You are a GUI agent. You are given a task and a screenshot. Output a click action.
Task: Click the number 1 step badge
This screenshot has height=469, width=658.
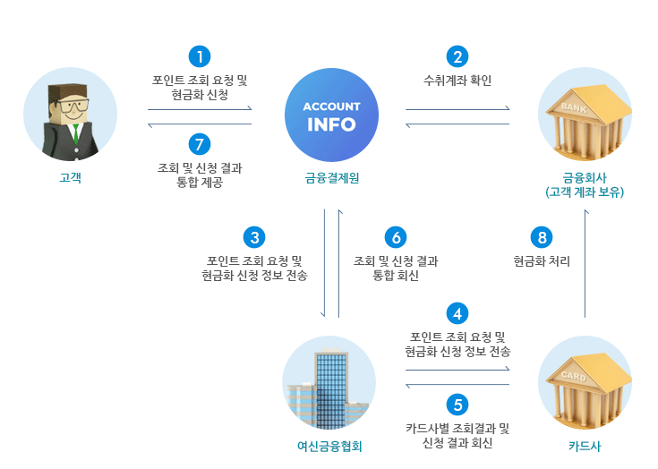click(x=200, y=56)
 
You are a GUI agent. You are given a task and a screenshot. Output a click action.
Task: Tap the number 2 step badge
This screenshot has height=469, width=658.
click(x=457, y=56)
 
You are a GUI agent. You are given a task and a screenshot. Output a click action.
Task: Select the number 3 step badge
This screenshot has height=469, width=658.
click(x=254, y=237)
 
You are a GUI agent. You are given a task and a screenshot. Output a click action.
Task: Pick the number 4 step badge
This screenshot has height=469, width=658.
click(x=457, y=314)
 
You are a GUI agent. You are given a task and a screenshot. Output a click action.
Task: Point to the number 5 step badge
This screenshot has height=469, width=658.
click(x=457, y=405)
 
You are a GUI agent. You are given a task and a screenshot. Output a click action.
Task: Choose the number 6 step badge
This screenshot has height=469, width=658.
click(x=396, y=237)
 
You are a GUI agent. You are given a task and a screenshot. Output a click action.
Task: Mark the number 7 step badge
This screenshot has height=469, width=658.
click(x=200, y=144)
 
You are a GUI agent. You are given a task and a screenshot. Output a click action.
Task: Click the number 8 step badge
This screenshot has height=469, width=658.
click(x=542, y=237)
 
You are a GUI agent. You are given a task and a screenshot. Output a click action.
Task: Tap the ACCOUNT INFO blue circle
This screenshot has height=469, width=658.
click(x=331, y=115)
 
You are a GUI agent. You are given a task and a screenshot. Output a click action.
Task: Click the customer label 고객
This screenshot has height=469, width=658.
click(x=70, y=178)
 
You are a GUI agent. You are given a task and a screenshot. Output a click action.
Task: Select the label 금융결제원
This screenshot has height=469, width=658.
click(x=332, y=178)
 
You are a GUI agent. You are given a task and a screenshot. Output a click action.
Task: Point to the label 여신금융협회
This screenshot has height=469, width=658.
click(x=329, y=447)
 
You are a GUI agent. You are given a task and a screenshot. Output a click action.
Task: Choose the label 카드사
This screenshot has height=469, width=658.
click(x=585, y=447)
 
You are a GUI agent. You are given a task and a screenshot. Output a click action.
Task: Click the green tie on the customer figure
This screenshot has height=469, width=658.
click(x=76, y=134)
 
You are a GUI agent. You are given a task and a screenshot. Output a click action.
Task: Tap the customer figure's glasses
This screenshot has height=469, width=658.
click(x=73, y=105)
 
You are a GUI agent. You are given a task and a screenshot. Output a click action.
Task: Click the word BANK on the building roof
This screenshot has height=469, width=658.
click(x=574, y=107)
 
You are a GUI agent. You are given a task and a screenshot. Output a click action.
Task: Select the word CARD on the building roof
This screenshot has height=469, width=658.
click(x=574, y=376)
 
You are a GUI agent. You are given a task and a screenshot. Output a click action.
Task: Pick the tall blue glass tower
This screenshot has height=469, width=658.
click(x=331, y=390)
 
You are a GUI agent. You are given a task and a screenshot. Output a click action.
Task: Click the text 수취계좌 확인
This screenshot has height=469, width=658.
click(x=457, y=81)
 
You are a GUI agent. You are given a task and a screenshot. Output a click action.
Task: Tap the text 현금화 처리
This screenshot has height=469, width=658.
click(x=542, y=261)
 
